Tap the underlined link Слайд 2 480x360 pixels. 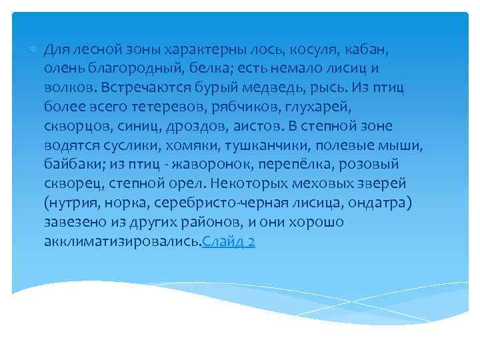pyautogui.click(x=228, y=241)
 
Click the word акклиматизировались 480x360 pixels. pyautogui.click(x=122, y=241)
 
